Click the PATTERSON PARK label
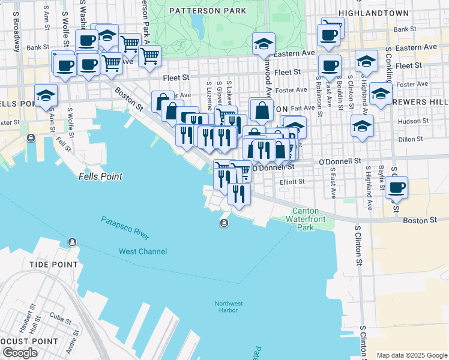click(x=207, y=11)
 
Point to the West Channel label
click(x=143, y=251)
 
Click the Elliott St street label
click(x=293, y=181)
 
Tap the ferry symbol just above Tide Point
click(x=72, y=242)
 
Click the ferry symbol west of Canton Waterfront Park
click(x=223, y=224)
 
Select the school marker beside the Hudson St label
click(x=363, y=126)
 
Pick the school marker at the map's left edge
click(x=46, y=95)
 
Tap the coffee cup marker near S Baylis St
click(x=396, y=187)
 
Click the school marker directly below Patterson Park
click(x=264, y=44)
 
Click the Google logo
click(x=20, y=353)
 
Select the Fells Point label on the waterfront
click(x=100, y=176)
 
